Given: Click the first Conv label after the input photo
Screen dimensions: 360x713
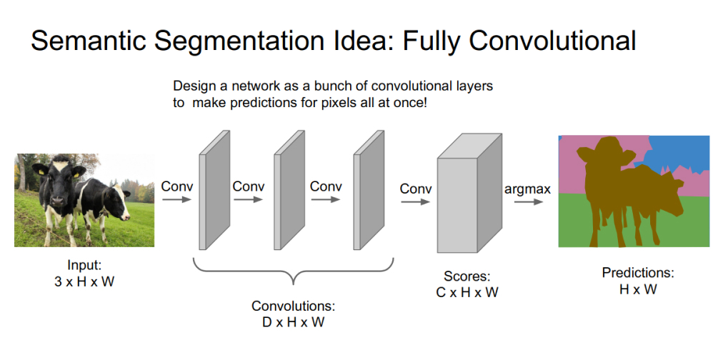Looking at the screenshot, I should [x=176, y=187].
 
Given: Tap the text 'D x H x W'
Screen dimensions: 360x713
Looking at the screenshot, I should [x=293, y=322].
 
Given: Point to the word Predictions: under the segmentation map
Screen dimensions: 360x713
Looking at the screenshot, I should [x=638, y=273].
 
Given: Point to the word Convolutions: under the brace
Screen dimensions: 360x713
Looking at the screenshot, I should [x=293, y=306].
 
